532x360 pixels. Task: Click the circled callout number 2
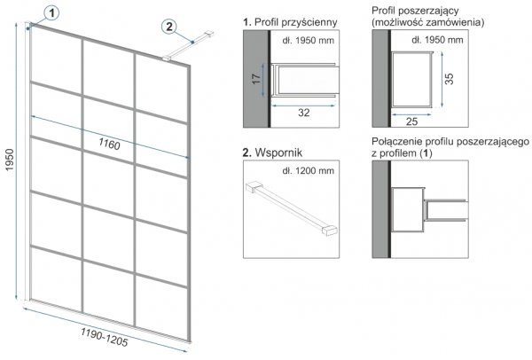tap(169, 27)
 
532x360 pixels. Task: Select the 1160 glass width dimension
tap(109, 144)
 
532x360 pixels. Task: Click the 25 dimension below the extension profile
tap(411, 118)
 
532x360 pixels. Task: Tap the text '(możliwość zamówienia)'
tap(428, 22)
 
